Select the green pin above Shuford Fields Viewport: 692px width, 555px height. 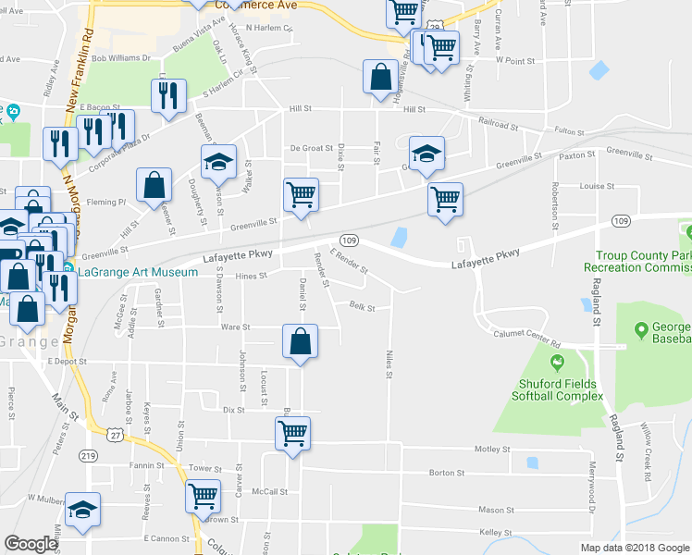(556, 362)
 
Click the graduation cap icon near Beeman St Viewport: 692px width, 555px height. (218, 163)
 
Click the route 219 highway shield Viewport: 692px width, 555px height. (89, 455)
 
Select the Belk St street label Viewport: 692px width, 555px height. (362, 307)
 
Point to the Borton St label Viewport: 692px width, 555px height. (446, 473)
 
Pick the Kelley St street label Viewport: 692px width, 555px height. (496, 532)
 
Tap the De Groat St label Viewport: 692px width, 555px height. (310, 148)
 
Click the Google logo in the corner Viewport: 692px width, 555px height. (31, 545)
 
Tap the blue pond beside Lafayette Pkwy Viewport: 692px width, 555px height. (400, 238)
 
